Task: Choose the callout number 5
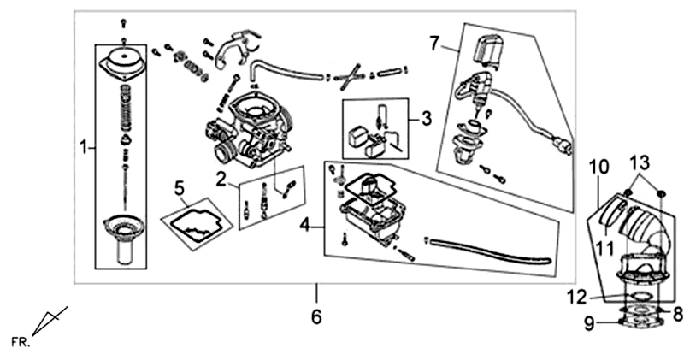179,186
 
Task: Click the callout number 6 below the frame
316,317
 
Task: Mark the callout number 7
433,41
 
